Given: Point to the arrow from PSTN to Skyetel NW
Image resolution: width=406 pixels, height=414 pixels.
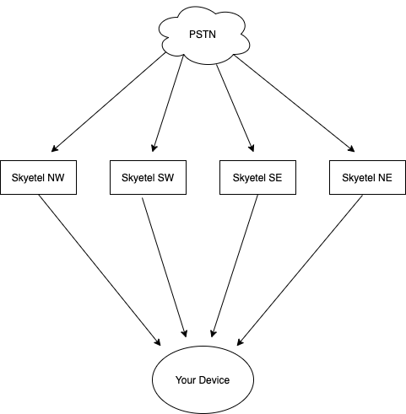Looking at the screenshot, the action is [x=109, y=102].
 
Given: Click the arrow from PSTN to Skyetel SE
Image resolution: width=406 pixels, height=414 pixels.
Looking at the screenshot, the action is [x=235, y=108].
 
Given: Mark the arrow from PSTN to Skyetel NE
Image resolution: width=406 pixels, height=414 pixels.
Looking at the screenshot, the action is [x=295, y=104].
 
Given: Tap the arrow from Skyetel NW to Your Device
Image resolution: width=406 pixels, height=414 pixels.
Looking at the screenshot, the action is [x=100, y=270].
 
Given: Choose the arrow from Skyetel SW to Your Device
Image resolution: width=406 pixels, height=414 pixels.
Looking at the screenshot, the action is [x=165, y=267].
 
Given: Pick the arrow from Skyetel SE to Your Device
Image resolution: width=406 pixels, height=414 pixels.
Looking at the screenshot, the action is [x=235, y=266].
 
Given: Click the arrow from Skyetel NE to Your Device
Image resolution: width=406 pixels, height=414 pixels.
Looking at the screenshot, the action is [x=300, y=270].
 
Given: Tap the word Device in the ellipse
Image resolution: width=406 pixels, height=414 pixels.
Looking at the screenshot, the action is [x=214, y=380].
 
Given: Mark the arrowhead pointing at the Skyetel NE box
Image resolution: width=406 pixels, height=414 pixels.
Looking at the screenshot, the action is [x=351, y=149].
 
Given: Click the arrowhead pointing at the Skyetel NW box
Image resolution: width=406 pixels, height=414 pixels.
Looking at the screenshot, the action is [x=55, y=148].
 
